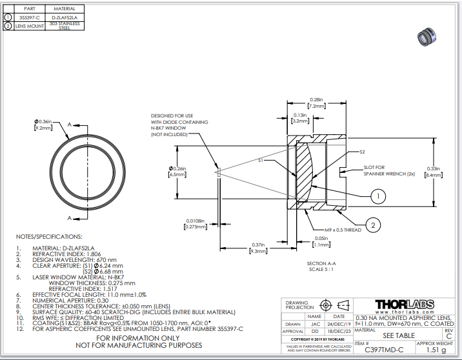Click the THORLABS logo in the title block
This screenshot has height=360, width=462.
pyautogui.click(x=405, y=304)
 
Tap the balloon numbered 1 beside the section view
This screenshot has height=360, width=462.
pyautogui.click(x=379, y=194)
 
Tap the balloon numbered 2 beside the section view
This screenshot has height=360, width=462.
pyautogui.click(x=372, y=225)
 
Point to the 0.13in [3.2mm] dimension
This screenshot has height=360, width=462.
pyautogui.click(x=299, y=118)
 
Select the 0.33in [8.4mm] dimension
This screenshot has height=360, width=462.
pyautogui.click(x=434, y=171)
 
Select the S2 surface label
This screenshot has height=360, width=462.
pyautogui.click(x=362, y=152)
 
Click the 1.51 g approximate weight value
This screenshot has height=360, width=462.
pyautogui.click(x=436, y=350)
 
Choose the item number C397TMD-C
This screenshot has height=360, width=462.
pyautogui.click(x=383, y=350)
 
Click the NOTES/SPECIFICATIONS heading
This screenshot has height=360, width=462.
pyautogui.click(x=49, y=237)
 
